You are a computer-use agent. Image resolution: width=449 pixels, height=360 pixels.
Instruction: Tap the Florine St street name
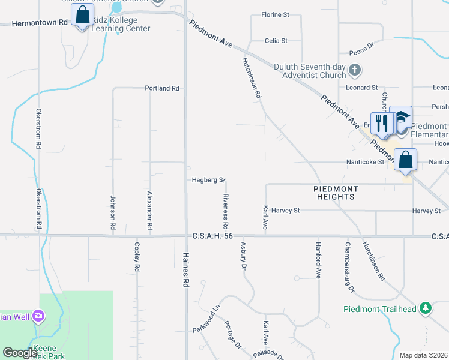pos(276,14)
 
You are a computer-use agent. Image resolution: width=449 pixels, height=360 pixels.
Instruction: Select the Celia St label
pos(276,41)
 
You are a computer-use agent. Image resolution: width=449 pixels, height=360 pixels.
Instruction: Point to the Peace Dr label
pos(362,45)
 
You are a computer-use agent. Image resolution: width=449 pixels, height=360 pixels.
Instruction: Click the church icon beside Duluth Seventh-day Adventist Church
pos(355,70)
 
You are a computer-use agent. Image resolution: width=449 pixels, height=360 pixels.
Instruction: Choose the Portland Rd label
pos(162,88)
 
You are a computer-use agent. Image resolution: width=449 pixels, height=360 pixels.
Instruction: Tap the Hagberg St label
pos(208,180)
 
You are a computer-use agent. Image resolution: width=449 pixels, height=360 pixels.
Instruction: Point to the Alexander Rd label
pos(149,211)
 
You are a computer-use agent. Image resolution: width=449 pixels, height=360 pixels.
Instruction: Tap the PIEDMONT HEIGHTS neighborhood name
pos(336,193)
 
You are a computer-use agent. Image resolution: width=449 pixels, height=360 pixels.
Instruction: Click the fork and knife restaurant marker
pos(381,124)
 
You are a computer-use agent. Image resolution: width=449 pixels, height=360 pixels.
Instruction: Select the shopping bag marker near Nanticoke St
pos(406,160)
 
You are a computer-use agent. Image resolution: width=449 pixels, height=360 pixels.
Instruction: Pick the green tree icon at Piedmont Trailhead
pos(426,308)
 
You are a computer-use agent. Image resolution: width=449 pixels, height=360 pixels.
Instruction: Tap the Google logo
pos(20,353)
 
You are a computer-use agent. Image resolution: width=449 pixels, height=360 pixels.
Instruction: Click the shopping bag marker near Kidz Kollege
pos(82,15)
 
